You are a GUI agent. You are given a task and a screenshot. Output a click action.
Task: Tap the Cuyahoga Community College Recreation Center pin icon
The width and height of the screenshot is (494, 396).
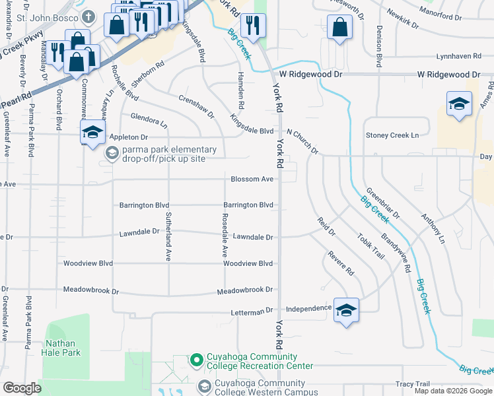tap(196, 360)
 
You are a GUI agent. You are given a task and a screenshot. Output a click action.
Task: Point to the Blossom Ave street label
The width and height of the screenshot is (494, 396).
tap(252, 179)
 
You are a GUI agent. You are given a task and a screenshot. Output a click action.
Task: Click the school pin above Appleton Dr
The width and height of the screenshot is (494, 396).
tap(93, 131)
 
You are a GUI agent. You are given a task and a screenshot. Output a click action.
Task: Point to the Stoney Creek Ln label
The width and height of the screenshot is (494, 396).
tap(392, 135)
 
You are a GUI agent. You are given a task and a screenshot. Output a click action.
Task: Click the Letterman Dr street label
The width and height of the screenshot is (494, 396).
tap(252, 310)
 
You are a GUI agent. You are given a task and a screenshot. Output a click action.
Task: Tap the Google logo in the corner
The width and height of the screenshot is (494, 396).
tap(22, 388)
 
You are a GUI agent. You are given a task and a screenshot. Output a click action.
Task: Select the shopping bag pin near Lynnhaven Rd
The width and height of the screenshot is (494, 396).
tap(339, 28)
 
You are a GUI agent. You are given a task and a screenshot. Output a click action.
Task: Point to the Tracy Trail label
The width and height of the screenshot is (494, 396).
tap(413, 384)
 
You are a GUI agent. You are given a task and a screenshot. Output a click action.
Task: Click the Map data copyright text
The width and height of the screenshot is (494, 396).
tap(452, 391)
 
